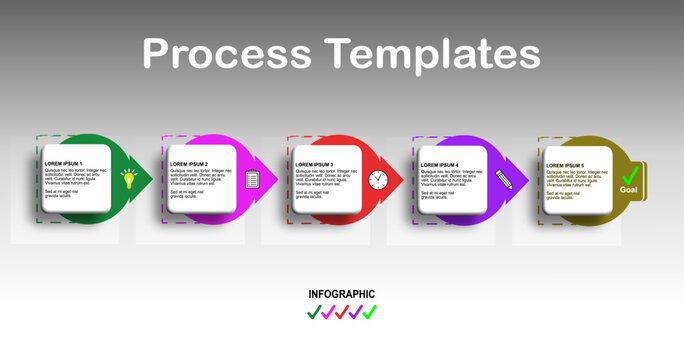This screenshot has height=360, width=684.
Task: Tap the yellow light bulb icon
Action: click(x=128, y=179)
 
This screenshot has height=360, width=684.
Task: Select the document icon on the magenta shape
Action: click(x=252, y=179)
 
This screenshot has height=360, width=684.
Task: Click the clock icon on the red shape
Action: click(x=377, y=179)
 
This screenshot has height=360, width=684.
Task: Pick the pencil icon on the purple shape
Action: click(x=503, y=180)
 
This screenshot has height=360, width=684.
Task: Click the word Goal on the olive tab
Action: click(x=629, y=190)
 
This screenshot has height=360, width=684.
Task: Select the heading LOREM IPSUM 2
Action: click(x=189, y=163)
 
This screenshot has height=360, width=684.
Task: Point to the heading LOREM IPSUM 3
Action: click(x=314, y=163)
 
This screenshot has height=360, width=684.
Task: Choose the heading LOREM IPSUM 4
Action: click(x=440, y=163)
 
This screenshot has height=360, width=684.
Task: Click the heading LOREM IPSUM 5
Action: click(x=565, y=163)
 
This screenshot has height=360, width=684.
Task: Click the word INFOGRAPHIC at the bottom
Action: click(x=342, y=294)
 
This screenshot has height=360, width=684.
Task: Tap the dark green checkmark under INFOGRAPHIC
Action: click(x=314, y=312)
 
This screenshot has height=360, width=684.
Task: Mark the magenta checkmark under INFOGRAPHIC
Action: click(x=328, y=312)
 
